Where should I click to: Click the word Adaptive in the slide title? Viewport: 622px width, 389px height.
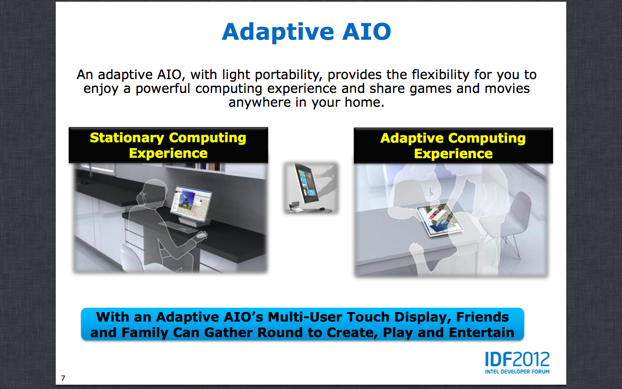pos(278,32)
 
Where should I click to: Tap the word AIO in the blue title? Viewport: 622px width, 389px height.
pos(367,32)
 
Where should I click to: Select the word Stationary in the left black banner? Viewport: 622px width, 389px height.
pos(127,138)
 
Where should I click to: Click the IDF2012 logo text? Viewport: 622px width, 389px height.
pos(517,359)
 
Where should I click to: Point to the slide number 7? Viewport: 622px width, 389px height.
pos(63,378)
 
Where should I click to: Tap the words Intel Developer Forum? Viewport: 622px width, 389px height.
pos(517,372)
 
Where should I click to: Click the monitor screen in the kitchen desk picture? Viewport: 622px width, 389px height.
pos(191,204)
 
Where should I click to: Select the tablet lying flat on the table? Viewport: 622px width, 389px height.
pos(440,220)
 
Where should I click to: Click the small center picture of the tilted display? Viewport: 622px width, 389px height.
pos(311,188)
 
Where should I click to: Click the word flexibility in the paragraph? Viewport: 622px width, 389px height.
pos(441,75)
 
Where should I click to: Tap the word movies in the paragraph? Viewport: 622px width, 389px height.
pos(507,88)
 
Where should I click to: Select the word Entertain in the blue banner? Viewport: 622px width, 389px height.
pos(482,333)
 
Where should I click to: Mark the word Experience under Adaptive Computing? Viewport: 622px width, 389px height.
pos(453,154)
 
